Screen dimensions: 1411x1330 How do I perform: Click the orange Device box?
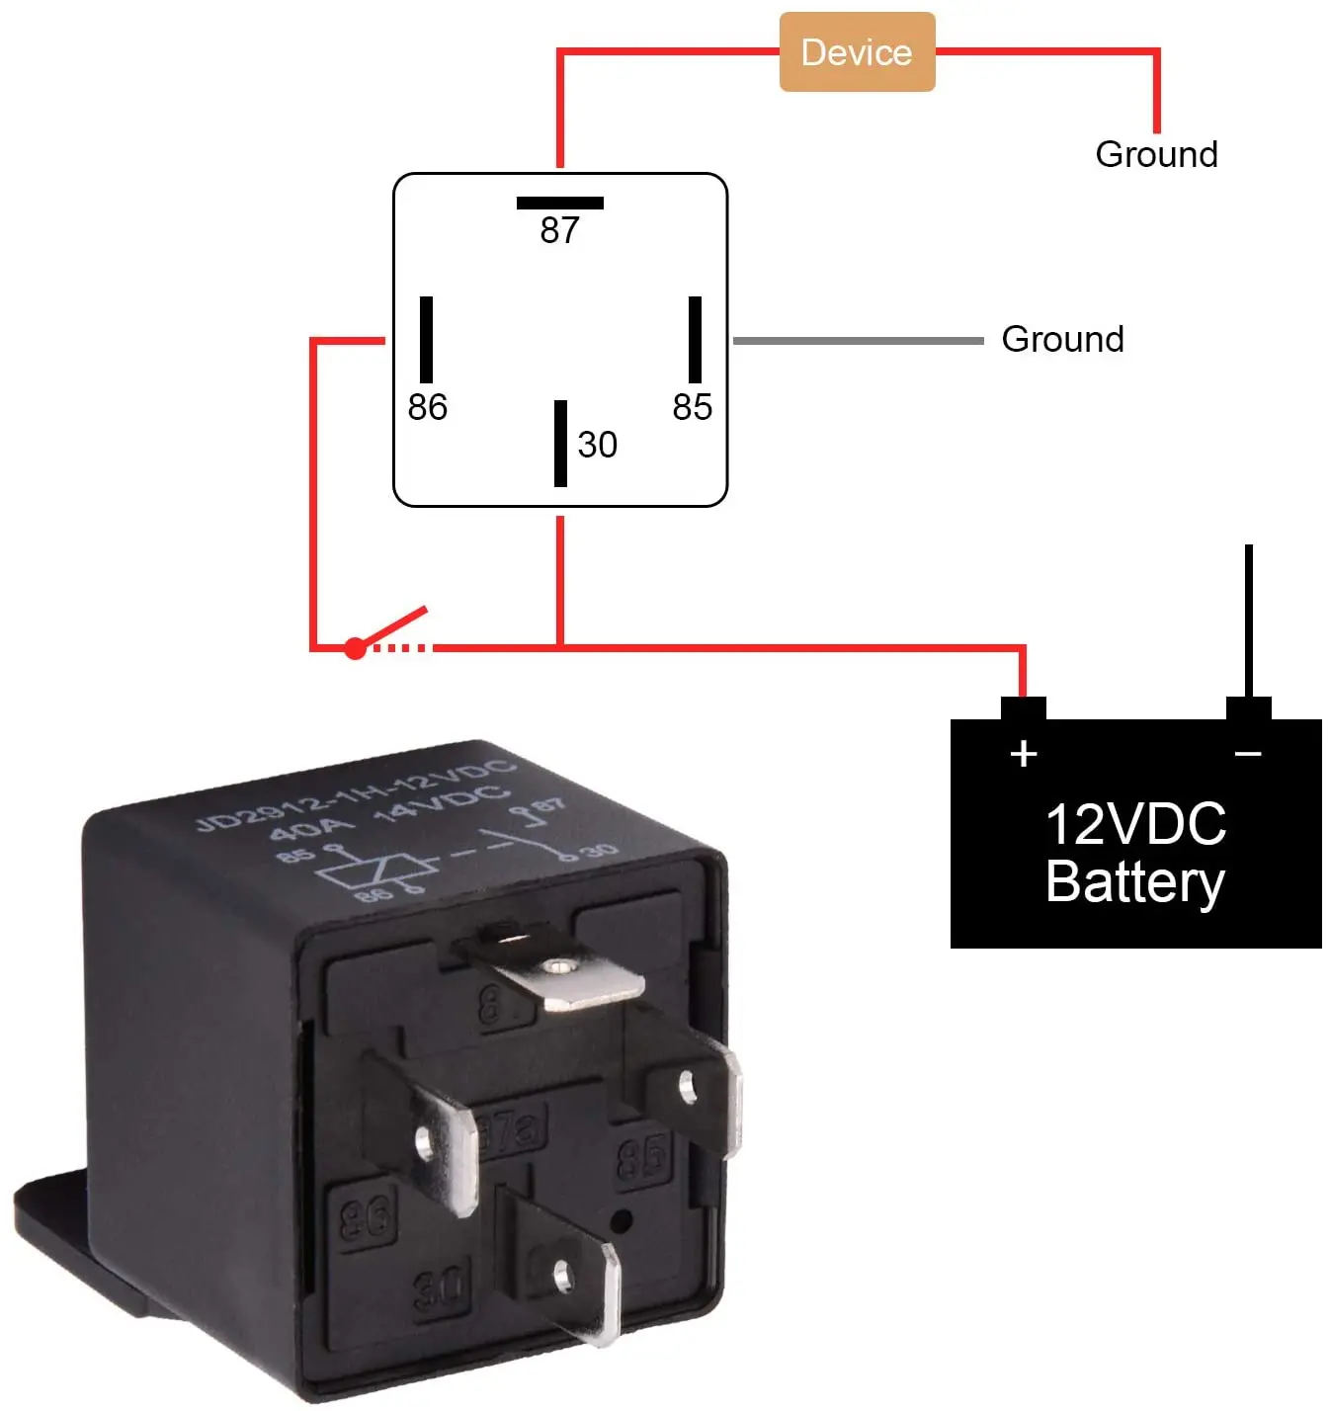point(857,52)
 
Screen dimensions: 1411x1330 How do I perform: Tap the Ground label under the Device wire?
point(1156,154)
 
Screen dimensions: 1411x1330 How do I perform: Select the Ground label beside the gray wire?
point(1062,339)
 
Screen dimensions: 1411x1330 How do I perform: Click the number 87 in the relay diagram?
point(559,230)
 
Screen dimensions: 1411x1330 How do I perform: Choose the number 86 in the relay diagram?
point(427,407)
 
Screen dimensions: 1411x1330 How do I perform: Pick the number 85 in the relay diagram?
point(692,407)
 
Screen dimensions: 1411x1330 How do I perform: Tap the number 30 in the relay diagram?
point(597,445)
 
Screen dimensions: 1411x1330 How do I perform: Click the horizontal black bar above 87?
point(559,204)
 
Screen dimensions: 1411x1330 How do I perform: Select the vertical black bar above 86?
point(426,339)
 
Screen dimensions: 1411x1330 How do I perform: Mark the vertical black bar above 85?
point(695,339)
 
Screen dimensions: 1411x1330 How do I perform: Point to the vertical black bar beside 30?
point(560,443)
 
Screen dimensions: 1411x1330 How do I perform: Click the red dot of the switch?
point(355,648)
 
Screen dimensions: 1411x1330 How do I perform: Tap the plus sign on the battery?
point(1024,754)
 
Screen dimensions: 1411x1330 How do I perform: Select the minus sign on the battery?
point(1248,754)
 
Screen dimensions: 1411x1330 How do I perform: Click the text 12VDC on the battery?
point(1135,824)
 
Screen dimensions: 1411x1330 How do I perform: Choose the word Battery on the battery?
point(1135,881)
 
